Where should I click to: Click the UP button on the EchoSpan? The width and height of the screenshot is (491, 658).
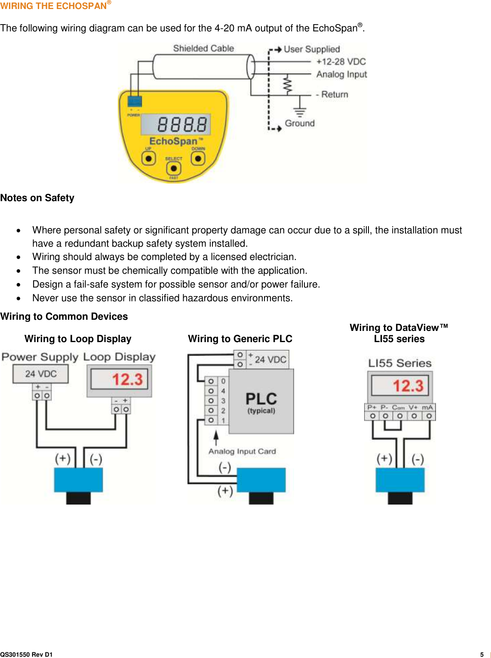point(149,159)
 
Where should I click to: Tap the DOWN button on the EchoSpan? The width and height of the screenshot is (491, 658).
point(198,159)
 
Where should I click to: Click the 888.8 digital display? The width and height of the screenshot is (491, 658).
point(176,124)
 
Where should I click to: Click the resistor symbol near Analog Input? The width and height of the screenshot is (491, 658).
point(288,85)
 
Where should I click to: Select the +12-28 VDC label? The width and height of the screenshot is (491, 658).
point(341,61)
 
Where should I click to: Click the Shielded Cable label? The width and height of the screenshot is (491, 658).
point(203,49)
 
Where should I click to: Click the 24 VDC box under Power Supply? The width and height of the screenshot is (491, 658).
point(41,373)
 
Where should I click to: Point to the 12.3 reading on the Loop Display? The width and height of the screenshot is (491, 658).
point(127,379)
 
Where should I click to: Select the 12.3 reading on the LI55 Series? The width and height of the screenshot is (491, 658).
point(408,386)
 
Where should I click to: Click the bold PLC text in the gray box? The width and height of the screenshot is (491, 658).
point(261,399)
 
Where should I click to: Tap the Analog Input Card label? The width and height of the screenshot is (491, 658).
point(242,451)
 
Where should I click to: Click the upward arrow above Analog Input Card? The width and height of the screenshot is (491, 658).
point(216,437)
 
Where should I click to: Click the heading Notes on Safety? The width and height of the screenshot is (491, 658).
point(37,198)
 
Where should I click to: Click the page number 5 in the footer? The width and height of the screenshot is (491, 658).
point(482,655)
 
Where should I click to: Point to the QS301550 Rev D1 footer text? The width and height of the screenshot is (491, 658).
point(26,655)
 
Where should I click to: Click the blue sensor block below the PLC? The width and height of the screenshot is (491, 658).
point(261,480)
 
